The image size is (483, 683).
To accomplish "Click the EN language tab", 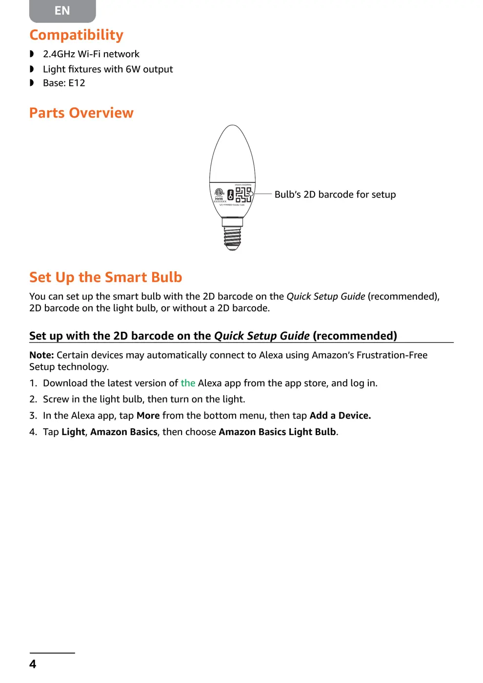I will pos(62,11).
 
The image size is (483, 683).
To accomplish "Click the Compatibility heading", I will pos(76,35).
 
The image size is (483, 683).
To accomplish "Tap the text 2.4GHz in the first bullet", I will pos(59,54).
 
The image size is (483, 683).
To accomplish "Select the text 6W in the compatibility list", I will pos(133,69).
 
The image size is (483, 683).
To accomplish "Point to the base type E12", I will pos(77,83).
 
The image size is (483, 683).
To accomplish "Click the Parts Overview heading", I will pos(81,113).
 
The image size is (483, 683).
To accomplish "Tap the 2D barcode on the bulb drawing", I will pos(243,194).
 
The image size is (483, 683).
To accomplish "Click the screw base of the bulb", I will pos(232,237).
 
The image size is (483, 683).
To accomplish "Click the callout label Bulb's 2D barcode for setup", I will pos(335,194).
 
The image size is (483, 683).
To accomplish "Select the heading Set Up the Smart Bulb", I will pos(105,277).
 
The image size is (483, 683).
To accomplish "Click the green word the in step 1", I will pos(188,383).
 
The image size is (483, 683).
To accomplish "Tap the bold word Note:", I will pos(41,355).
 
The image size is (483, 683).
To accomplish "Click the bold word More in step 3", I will pos(148,416).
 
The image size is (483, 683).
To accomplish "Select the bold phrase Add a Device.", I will pos(340,416).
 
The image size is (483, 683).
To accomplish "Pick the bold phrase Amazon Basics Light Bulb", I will pos(277,432).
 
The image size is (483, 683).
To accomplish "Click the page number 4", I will pos(33,664).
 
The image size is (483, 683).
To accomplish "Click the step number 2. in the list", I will pos(33,399).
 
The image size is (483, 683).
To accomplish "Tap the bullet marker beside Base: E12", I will pos(32,83).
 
